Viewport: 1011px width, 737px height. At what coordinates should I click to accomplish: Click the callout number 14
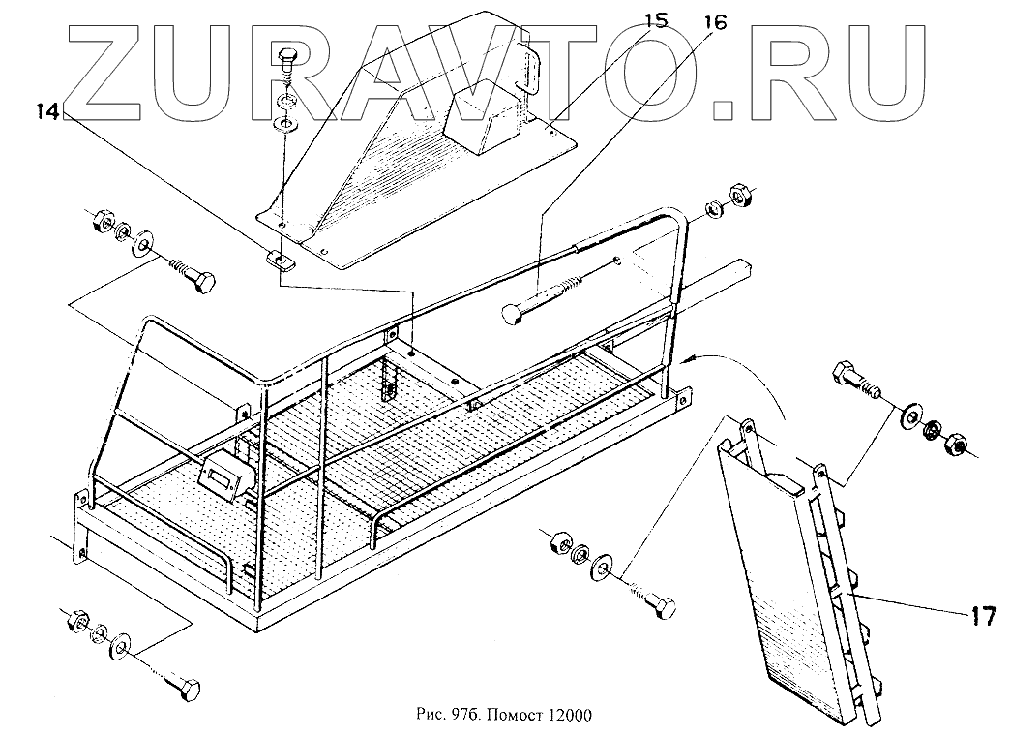pos(46,111)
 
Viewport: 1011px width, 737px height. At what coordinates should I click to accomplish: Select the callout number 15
pos(655,19)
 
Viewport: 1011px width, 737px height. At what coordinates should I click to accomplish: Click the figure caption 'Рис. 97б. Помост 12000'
pos(502,716)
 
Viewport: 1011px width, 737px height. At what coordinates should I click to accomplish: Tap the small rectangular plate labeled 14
pos(279,259)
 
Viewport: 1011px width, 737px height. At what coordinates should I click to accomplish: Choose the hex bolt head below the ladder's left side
pos(664,607)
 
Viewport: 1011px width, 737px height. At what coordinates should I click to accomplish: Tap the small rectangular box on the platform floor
pos(223,476)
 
